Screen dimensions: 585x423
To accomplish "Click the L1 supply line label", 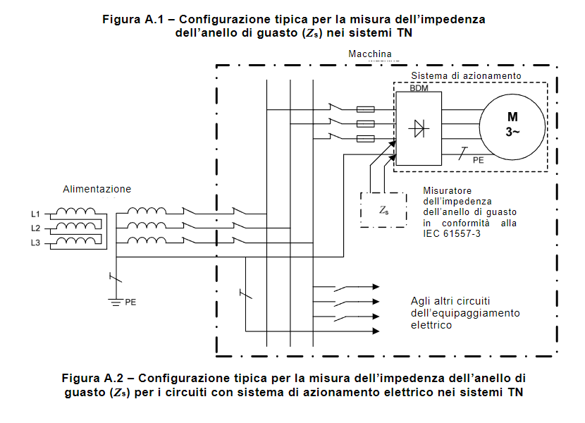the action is click(35, 214).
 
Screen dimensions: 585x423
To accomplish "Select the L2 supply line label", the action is click(35, 228).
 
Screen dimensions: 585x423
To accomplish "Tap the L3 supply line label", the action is click(35, 243).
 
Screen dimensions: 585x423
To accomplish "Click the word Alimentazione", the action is click(97, 189).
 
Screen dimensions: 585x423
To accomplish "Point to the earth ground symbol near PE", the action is click(116, 302).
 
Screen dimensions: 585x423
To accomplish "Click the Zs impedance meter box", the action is click(383, 210).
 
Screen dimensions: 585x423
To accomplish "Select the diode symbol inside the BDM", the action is click(419, 129).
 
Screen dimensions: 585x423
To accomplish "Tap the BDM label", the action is click(419, 88).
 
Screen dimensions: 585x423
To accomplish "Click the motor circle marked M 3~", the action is click(512, 127).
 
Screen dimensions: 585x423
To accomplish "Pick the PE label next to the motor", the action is click(479, 160).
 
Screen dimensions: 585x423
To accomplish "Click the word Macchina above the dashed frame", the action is click(370, 54).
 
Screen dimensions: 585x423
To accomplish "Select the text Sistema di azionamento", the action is click(466, 75).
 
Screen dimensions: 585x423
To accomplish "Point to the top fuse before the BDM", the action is click(366, 109).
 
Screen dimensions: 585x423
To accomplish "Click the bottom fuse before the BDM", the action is click(366, 139).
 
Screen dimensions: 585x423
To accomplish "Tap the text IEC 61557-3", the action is click(452, 234).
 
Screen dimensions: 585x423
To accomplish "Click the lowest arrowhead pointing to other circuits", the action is click(376, 331).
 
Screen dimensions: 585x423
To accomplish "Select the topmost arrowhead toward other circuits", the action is click(376, 287).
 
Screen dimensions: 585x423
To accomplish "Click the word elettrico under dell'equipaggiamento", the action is click(431, 325).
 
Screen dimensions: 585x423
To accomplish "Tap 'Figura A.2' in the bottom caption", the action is click(92, 378).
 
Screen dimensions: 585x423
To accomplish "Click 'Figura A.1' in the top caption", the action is click(133, 19).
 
